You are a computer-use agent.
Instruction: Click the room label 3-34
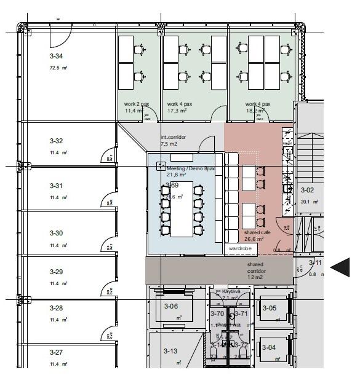point(56,55)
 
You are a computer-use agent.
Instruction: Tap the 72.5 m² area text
point(58,68)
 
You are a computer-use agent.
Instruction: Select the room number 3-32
point(56,141)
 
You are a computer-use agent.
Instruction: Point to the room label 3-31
point(56,185)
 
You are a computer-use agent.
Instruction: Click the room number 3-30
point(56,233)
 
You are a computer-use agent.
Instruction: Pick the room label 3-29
point(56,272)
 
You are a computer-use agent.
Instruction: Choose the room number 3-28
point(56,308)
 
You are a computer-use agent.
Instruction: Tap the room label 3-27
point(56,352)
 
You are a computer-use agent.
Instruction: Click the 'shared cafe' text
point(257,232)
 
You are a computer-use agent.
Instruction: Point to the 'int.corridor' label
point(173,137)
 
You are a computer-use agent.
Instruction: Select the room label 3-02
point(306,191)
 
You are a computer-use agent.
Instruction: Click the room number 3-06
point(170,306)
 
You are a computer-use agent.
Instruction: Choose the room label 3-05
point(270,307)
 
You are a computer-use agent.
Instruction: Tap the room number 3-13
point(170,350)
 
